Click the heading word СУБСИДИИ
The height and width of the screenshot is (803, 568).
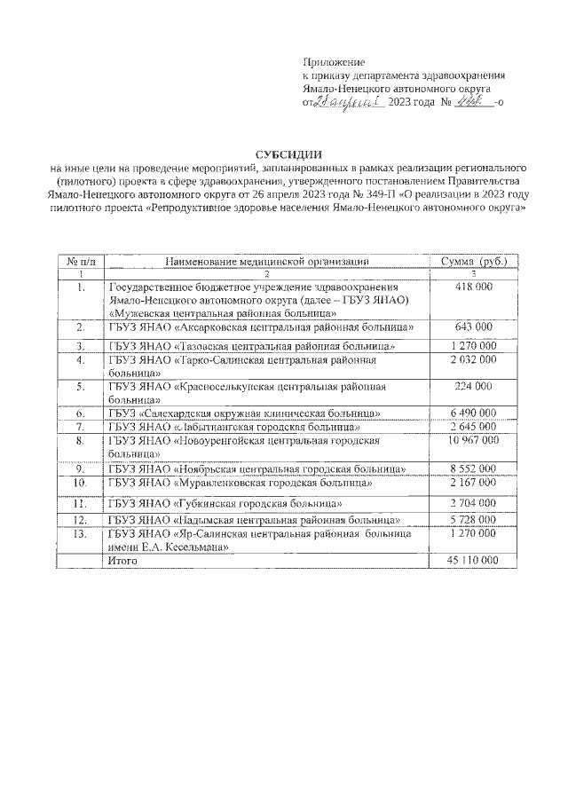tap(283, 155)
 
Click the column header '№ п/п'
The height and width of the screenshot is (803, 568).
tap(81, 261)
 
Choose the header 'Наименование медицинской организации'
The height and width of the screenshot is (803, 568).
tap(266, 261)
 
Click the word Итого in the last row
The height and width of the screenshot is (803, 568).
tap(124, 561)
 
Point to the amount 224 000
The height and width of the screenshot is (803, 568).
tap(473, 386)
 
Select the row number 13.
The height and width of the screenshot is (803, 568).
tap(81, 535)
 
